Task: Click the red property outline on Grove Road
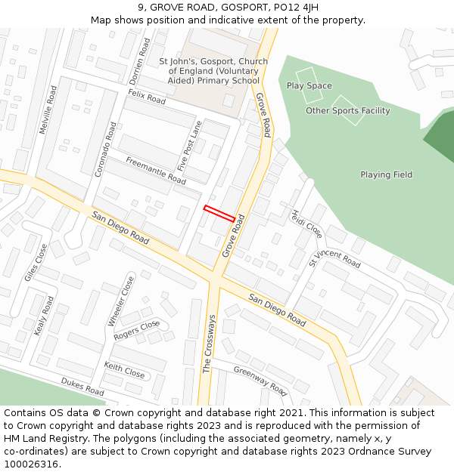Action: (219, 214)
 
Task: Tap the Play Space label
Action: (309, 86)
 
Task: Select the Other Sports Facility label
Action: (348, 111)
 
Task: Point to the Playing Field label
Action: (386, 175)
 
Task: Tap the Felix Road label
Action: (146, 97)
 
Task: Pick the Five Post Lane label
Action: (190, 145)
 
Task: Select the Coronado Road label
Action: (106, 150)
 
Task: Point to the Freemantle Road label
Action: (156, 171)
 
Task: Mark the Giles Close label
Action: (36, 263)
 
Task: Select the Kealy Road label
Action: (45, 316)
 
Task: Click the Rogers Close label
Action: (137, 330)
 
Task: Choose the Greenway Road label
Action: (260, 381)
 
